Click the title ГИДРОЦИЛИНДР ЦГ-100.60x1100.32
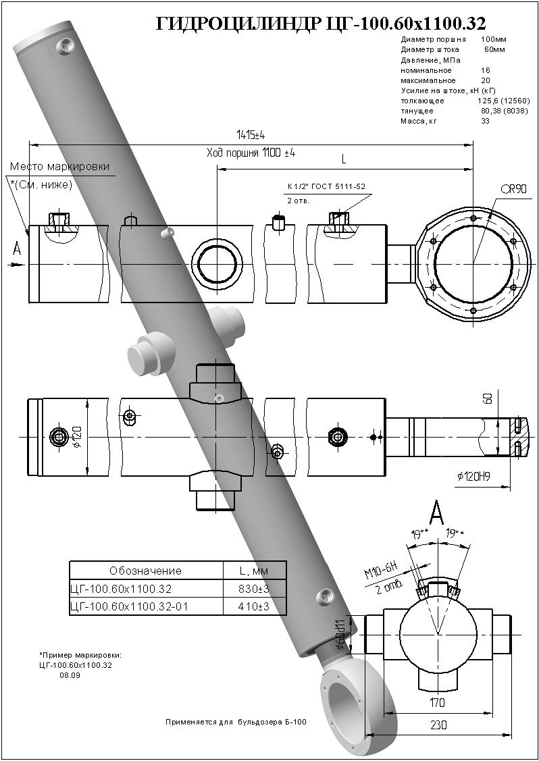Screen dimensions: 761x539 321,24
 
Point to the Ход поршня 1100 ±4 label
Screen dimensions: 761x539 251,154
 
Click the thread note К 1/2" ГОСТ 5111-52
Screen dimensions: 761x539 327,186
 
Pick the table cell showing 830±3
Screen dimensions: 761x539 254,588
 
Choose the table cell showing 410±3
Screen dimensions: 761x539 254,606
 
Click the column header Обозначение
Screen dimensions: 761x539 145,571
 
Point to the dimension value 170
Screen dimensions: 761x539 437,704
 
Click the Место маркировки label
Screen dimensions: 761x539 59,167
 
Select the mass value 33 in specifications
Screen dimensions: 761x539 485,121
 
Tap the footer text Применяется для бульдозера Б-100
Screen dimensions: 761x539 236,723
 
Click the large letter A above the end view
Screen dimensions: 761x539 437,513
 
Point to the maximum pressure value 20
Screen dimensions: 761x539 485,80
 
